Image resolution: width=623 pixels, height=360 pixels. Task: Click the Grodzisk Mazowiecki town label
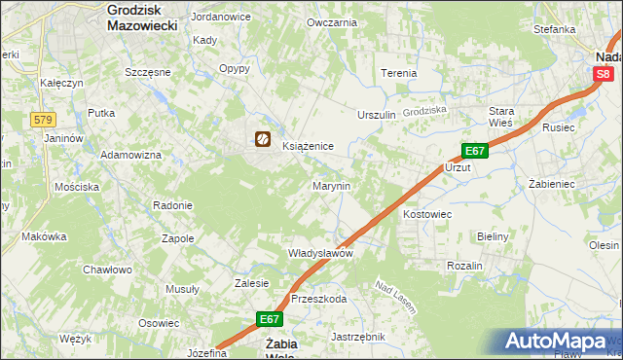pos(142,18)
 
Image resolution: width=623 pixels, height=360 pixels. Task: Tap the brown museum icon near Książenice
pos(263,140)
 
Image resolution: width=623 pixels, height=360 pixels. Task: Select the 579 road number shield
pos(42,119)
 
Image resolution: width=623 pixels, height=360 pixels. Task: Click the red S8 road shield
pos(605,73)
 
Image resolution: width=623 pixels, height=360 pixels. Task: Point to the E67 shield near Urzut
pos(474,151)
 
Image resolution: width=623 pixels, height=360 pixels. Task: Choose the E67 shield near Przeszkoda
pos(271,318)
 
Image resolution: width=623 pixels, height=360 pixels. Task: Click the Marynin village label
pos(331,185)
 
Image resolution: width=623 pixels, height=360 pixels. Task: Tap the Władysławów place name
pos(320,253)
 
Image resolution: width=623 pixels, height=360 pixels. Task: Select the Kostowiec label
pos(427,212)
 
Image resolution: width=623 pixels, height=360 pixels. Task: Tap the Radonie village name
pos(172,205)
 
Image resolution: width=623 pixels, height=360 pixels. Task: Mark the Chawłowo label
pos(107,270)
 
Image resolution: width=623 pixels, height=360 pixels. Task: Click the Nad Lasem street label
pos(396,298)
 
